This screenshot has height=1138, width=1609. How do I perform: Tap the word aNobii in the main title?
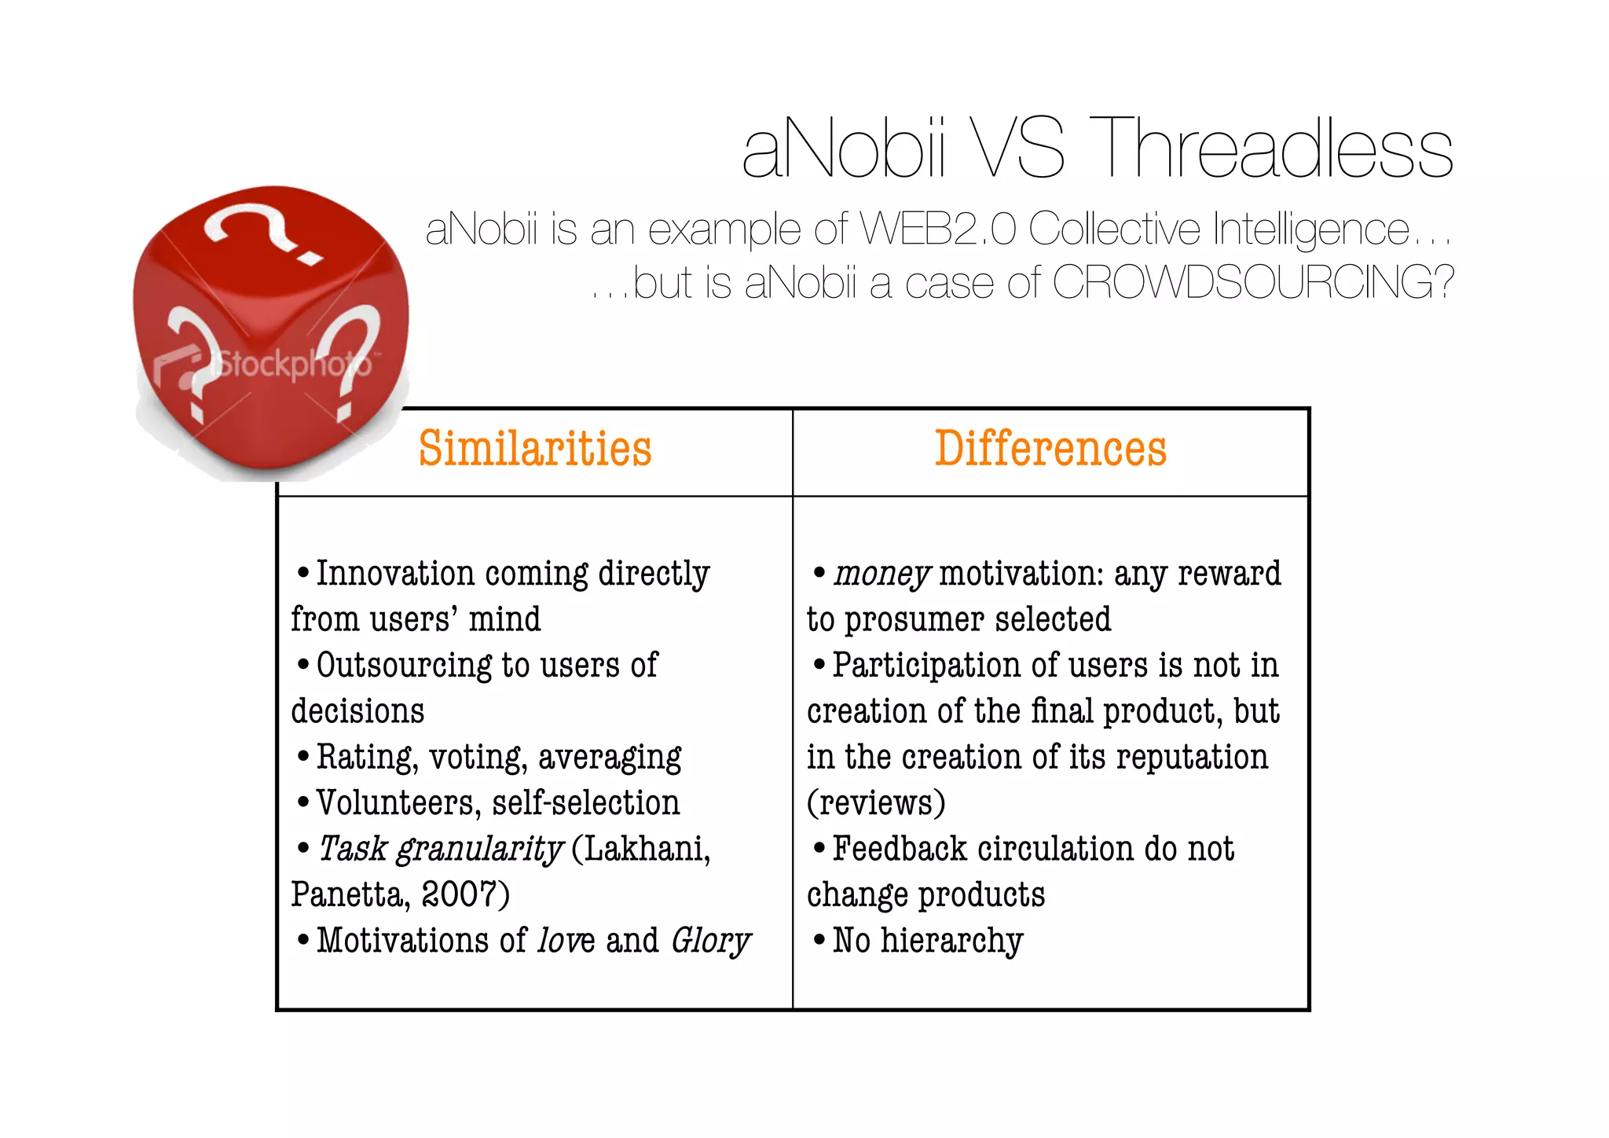(845, 148)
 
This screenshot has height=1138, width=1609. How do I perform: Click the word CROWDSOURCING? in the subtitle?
(1252, 282)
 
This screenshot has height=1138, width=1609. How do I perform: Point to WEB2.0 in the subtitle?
(939, 229)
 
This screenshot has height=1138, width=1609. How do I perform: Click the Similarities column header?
(535, 450)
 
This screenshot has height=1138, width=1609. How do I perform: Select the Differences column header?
(1050, 450)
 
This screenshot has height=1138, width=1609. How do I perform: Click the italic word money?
(881, 574)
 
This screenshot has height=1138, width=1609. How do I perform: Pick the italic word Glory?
(710, 941)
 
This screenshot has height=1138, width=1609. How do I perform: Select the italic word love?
(566, 941)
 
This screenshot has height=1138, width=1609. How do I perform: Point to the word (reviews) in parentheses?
(876, 803)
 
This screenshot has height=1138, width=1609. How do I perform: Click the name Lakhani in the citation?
(640, 849)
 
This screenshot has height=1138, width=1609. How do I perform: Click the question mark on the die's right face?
(355, 358)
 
